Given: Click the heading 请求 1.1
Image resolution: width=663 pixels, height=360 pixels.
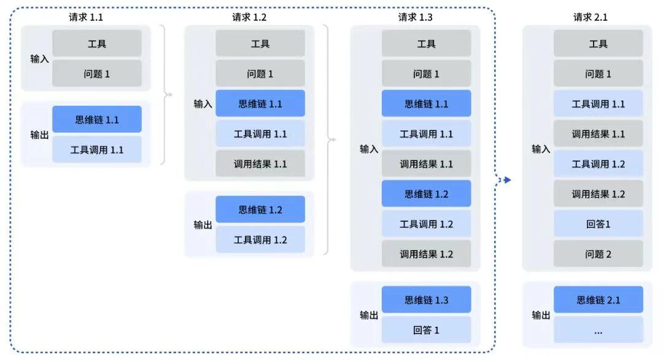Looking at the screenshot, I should tap(86, 17).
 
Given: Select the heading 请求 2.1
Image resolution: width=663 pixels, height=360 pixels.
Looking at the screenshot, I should tap(590, 17).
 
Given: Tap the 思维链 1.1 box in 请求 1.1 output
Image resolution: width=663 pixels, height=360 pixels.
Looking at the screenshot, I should tap(97, 120).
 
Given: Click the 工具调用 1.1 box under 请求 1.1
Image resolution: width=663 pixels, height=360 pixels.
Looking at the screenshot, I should tap(97, 149).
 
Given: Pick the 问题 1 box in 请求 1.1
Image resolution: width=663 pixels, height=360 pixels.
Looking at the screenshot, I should tap(97, 74).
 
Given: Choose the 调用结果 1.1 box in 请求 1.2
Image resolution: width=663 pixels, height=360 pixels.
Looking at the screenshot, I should tap(260, 164).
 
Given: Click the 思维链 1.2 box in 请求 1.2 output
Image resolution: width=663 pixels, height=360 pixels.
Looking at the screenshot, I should tap(260, 209).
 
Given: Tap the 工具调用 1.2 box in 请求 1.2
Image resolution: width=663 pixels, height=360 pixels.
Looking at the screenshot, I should tap(260, 240).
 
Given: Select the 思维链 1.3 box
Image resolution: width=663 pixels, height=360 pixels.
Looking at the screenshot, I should tap(426, 300).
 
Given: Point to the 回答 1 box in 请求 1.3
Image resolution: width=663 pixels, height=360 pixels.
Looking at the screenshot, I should tap(426, 330).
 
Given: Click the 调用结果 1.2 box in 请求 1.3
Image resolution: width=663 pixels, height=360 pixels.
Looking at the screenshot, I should tap(426, 254).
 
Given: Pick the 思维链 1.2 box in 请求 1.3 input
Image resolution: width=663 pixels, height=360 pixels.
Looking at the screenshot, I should tap(426, 194).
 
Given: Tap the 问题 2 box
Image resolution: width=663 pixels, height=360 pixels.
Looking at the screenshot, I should tap(598, 254).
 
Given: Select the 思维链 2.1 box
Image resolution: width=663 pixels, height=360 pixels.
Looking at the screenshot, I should tap(598, 300).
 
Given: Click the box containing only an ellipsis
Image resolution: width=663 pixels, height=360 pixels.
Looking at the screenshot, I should tap(598, 330).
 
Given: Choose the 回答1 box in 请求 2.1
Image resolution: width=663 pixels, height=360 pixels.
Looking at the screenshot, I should tap(598, 224).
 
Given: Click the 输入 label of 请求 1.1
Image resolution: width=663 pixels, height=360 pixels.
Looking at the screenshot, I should tap(39, 60).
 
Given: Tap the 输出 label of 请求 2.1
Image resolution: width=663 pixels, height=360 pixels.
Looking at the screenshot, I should tap(541, 315).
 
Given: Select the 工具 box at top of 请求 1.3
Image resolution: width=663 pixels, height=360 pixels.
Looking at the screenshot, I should tap(426, 44).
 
